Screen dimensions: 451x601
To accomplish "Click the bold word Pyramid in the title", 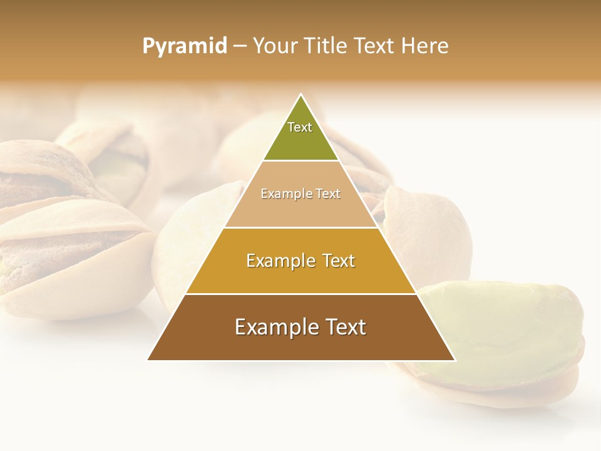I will pos(185,46).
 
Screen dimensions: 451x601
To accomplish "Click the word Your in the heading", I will pos(275,46).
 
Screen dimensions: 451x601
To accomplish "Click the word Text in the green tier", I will pos(300,127).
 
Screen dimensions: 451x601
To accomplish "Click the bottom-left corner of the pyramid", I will pos(148,360).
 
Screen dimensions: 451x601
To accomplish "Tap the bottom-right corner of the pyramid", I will pos(455,360).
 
